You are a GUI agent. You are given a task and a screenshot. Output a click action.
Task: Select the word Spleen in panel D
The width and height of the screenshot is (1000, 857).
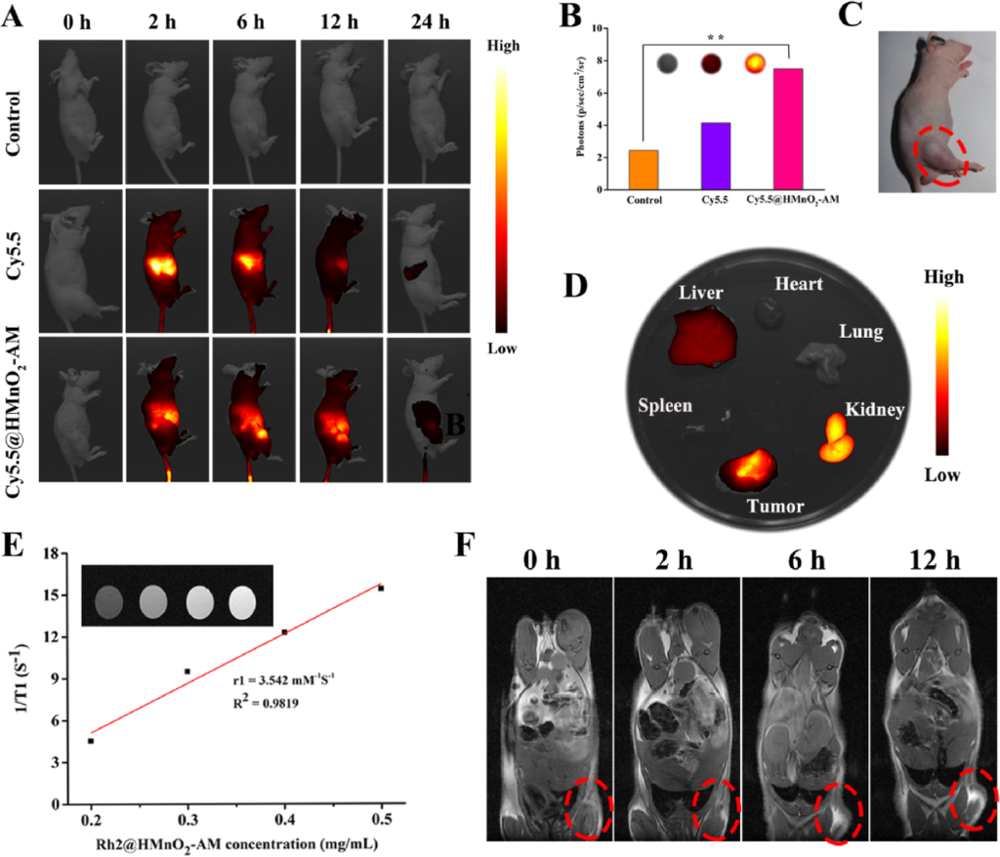664,403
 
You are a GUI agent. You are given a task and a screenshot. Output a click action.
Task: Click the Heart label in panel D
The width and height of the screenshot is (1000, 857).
800,283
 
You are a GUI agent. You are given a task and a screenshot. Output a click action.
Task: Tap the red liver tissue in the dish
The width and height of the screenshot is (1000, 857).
700,335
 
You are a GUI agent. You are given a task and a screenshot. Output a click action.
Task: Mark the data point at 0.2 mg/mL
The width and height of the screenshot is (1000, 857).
91,741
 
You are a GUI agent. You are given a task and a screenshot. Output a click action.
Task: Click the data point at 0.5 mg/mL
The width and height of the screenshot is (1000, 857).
381,588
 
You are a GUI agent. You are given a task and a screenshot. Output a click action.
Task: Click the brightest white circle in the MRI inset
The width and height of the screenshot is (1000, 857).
243,596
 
